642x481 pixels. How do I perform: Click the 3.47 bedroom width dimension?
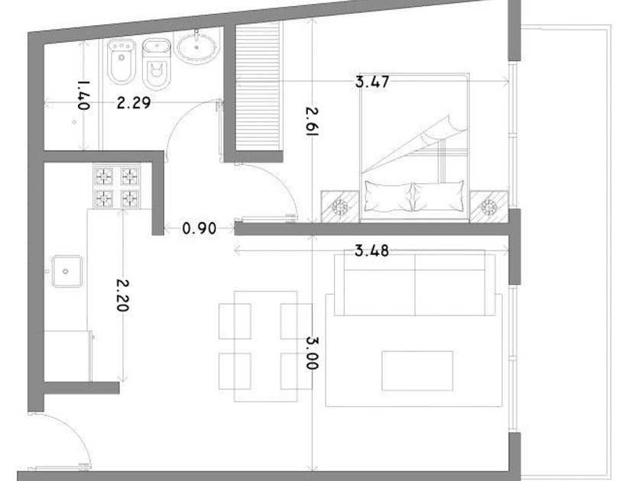[x=371, y=82]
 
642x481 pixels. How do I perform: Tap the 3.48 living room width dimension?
[x=371, y=250]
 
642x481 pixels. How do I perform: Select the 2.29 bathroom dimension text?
[x=134, y=102]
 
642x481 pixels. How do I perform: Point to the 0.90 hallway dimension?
[x=199, y=228]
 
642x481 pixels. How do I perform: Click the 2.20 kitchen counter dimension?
[x=123, y=295]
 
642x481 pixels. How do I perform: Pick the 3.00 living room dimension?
[x=313, y=353]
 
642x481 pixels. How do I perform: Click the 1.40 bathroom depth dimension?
[x=84, y=95]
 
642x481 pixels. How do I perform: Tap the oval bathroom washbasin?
[x=197, y=47]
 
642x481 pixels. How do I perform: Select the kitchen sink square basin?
[x=66, y=271]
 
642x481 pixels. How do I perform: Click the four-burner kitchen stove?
[x=117, y=186]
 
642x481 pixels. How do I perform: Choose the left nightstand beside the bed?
[x=340, y=207]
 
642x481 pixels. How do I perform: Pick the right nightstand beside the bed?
[x=489, y=207]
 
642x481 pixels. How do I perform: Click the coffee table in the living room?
[x=417, y=370]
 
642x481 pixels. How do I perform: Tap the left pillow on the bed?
[x=388, y=197]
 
